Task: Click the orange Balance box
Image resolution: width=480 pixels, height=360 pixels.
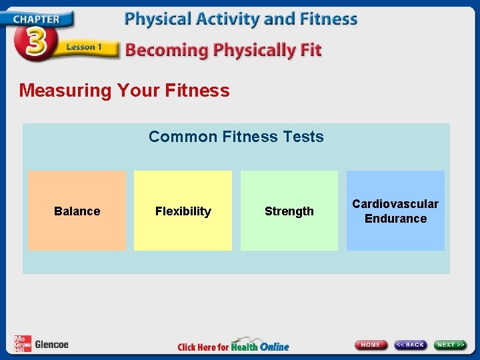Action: coord(77,211)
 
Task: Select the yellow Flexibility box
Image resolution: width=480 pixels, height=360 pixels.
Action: coord(183,211)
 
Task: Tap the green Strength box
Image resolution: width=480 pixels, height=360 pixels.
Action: coord(289,211)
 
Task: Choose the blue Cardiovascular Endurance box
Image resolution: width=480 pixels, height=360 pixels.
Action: coord(395,211)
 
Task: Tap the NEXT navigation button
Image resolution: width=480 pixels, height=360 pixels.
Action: coord(451,345)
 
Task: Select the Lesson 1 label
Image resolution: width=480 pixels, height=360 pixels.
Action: coord(83,47)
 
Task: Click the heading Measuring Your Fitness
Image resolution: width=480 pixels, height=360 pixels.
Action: coord(124,91)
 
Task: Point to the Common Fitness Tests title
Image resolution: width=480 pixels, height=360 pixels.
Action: coord(236,137)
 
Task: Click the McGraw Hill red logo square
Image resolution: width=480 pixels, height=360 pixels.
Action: coord(22,344)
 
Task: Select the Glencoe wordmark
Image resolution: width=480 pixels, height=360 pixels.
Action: coord(51,345)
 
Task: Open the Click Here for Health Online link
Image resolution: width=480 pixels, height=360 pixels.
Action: coord(233,346)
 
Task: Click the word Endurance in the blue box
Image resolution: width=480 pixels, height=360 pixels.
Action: coord(395,219)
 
